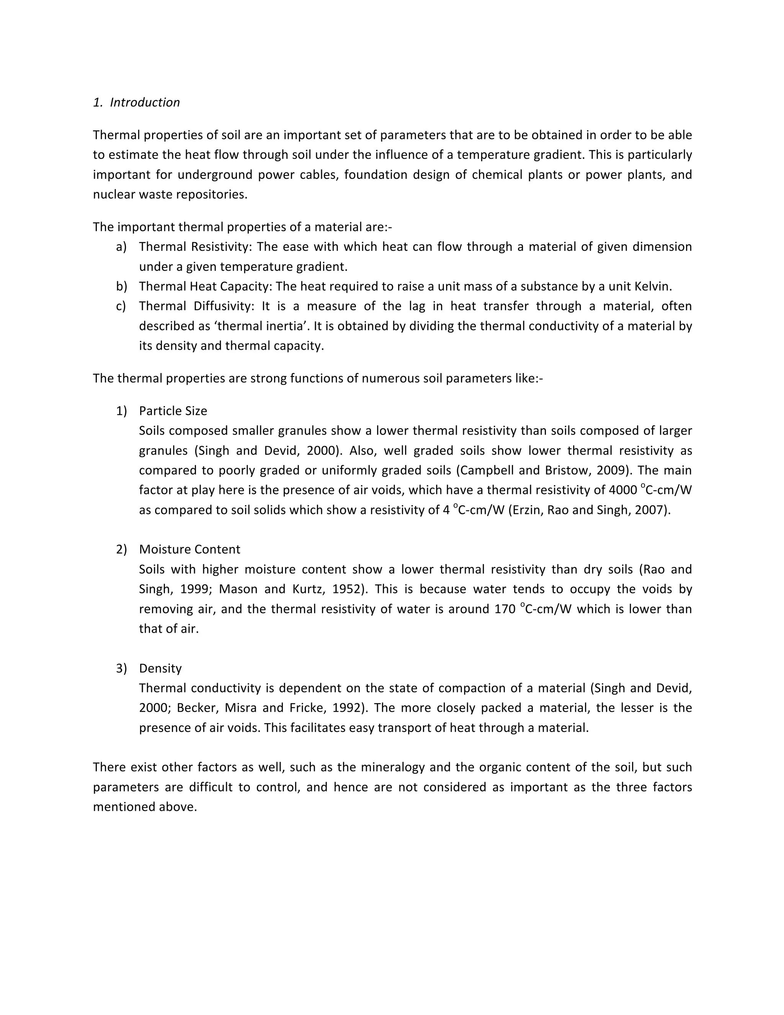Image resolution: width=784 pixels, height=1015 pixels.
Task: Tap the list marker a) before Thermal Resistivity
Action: [121, 247]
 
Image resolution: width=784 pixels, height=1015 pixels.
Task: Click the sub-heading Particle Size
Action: [173, 411]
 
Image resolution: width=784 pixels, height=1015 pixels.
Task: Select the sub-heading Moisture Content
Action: [189, 549]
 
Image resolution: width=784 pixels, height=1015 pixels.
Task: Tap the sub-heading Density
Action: [160, 668]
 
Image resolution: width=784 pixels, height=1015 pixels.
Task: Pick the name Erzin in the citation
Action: [527, 510]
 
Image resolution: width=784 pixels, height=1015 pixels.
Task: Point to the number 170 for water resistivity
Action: [505, 609]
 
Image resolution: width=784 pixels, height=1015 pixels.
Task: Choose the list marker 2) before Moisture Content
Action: [121, 549]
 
